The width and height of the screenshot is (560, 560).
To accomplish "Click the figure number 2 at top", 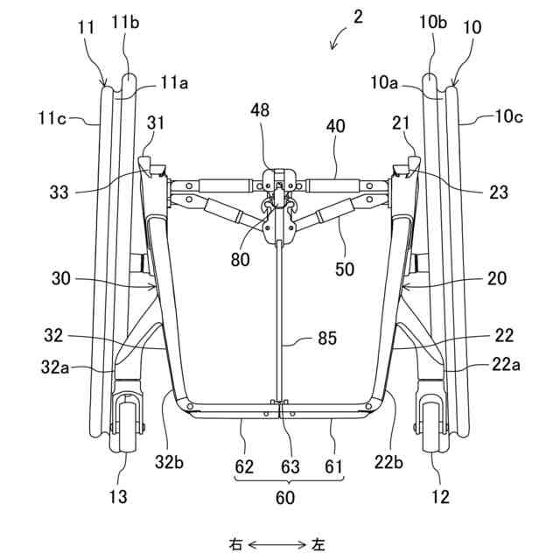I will [357, 16].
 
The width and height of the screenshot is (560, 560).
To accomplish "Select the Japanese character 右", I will [236, 544].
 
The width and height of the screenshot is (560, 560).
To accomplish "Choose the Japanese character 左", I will [318, 544].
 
